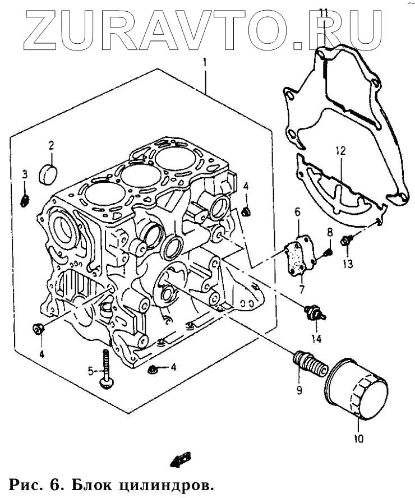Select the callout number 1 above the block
point(205,62)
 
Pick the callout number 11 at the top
point(324,12)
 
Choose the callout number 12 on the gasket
point(341,151)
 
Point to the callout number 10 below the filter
point(358,438)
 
